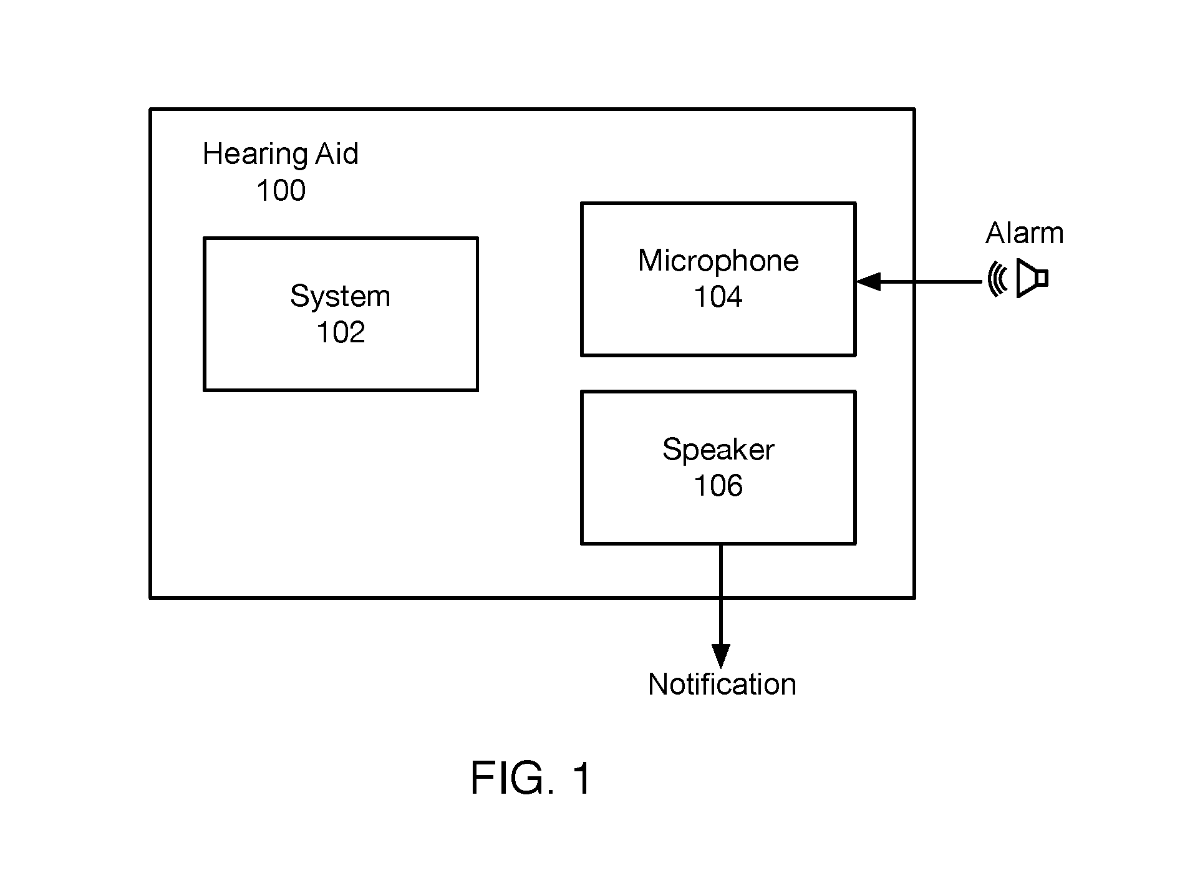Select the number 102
pos(341,332)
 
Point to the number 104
pos(718,297)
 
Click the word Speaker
pos(718,450)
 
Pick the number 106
pos(718,486)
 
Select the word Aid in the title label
pos(337,153)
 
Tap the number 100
pos(281,190)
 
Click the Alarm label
pos(1024,233)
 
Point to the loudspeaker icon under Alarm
pos(1032,278)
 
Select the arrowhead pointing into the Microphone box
pos(868,282)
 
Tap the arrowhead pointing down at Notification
pos(721,657)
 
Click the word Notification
pos(722,685)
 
